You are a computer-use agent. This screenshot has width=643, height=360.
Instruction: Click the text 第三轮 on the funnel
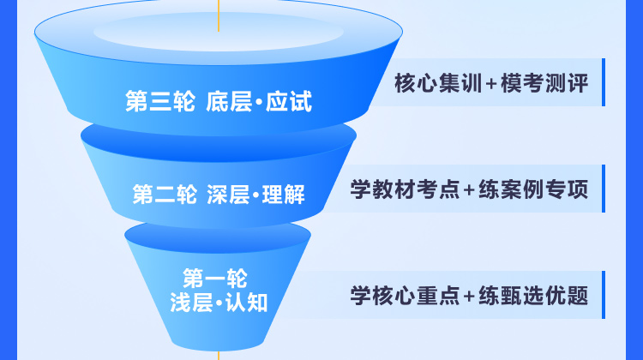pyautogui.click(x=160, y=101)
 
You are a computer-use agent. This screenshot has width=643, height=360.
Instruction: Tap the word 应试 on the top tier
pyautogui.click(x=289, y=101)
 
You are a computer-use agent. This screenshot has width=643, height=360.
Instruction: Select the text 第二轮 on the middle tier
pyautogui.click(x=165, y=194)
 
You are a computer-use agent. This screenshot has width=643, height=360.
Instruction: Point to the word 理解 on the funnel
pyautogui.click(x=284, y=194)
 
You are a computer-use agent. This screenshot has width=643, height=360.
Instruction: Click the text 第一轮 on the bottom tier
pyautogui.click(x=215, y=279)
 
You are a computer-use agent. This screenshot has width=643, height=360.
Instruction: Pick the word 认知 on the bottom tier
pyautogui.click(x=246, y=303)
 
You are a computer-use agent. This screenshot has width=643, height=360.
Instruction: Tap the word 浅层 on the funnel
pyautogui.click(x=191, y=303)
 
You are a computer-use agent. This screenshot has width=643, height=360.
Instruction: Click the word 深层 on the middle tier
pyautogui.click(x=228, y=194)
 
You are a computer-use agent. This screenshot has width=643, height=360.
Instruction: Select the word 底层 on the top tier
pyautogui.click(x=229, y=101)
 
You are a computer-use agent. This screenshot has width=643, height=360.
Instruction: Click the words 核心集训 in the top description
pyautogui.click(x=438, y=83)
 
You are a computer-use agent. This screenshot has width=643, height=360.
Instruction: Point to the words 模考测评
pyautogui.click(x=544, y=83)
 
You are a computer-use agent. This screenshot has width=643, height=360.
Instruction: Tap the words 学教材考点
pyautogui.click(x=405, y=189)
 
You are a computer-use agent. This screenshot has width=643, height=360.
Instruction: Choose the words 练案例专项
pyautogui.click(x=533, y=189)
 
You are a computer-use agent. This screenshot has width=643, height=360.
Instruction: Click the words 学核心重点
pyautogui.click(x=405, y=295)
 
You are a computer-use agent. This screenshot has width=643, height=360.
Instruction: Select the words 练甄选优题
pyautogui.click(x=533, y=295)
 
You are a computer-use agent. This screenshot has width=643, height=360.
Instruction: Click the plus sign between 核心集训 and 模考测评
pyautogui.click(x=491, y=84)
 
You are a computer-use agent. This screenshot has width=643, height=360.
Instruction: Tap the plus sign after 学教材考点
pyautogui.click(x=469, y=190)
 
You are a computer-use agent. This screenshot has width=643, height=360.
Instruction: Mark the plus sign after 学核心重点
pyautogui.click(x=469, y=297)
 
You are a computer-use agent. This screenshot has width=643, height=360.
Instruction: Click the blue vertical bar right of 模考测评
pyautogui.click(x=604, y=82)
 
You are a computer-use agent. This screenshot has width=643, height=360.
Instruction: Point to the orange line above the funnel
pyautogui.click(x=219, y=15)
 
